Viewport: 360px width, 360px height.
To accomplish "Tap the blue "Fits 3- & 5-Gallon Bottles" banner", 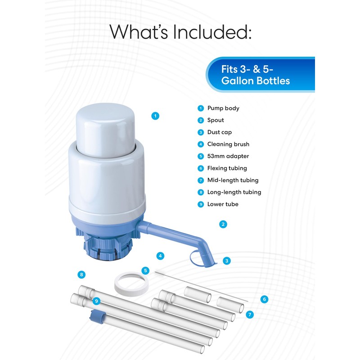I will coord(260,75).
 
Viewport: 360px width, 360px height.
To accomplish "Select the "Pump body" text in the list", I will coord(223,108).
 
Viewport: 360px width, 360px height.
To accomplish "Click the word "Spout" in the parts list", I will coord(216,120).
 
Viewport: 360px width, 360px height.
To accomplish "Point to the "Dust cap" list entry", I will coord(220,132).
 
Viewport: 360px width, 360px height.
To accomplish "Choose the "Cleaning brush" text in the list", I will coord(228,144).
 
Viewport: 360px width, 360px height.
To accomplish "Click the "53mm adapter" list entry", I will coord(228,156).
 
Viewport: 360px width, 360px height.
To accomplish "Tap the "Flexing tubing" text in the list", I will coord(227,168).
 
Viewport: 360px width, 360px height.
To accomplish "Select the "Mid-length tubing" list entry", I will coord(233,180).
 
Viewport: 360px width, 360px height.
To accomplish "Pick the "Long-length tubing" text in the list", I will coord(234,192).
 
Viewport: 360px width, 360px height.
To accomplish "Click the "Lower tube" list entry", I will coord(223,204).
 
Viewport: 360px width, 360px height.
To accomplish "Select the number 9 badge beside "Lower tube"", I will coord(201,204).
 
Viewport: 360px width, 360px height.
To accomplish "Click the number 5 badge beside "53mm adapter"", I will coord(201,156).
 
